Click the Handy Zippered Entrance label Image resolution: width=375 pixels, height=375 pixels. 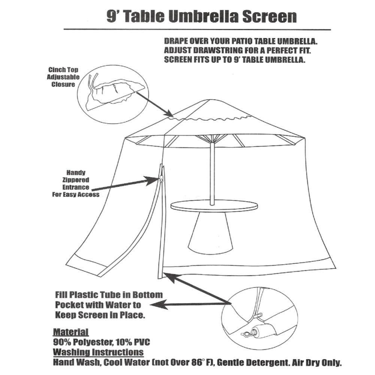(76, 184)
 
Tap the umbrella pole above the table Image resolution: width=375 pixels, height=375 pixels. (212, 169)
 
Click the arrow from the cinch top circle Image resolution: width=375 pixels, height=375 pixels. (154, 103)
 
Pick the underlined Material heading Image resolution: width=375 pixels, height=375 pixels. (71, 332)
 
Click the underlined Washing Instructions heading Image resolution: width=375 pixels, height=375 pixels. (98, 352)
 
